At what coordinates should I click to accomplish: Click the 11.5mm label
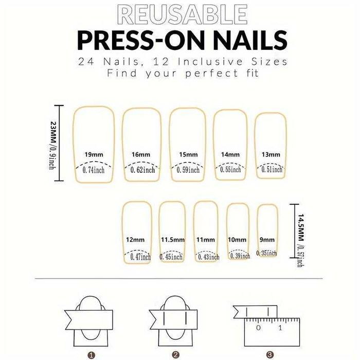pyautogui.click(x=172, y=240)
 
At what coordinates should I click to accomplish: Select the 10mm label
pyautogui.click(x=238, y=240)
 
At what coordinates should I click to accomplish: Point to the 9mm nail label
pyautogui.click(x=267, y=240)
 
